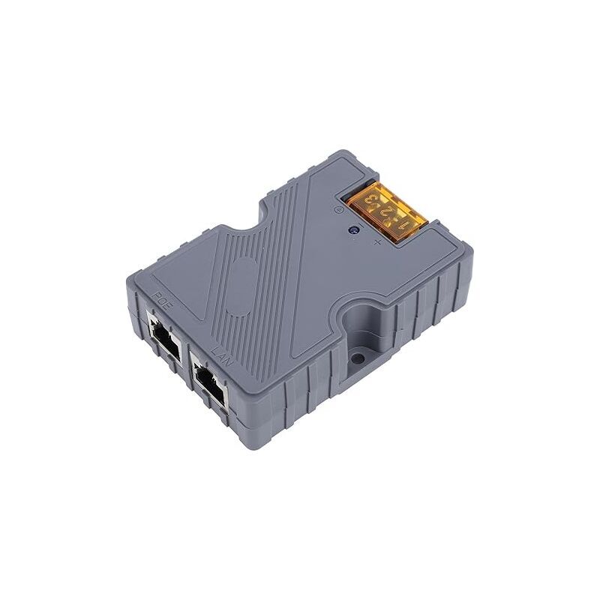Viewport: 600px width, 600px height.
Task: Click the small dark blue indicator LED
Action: pyautogui.click(x=353, y=233)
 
